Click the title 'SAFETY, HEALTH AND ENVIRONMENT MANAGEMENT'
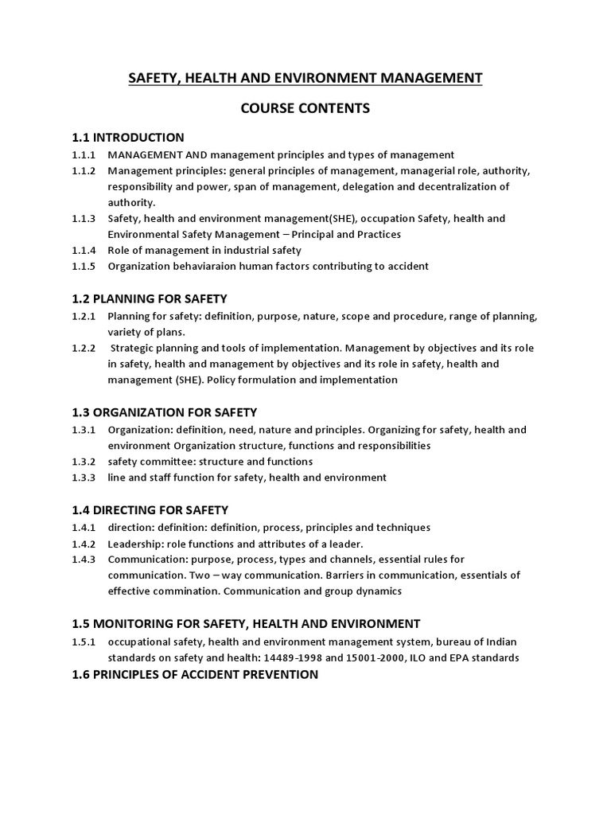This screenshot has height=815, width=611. coord(305,78)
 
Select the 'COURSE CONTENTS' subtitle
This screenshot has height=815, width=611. coord(305,108)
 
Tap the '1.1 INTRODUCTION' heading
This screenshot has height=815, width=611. coord(128,138)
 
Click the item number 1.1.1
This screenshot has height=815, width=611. coord(83,154)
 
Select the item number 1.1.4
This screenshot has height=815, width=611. coord(83,250)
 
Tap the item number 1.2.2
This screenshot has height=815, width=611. coord(83,348)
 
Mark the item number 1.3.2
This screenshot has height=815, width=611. coord(83,462)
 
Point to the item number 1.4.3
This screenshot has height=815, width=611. coord(83,559)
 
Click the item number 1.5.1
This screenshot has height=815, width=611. coord(83,641)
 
